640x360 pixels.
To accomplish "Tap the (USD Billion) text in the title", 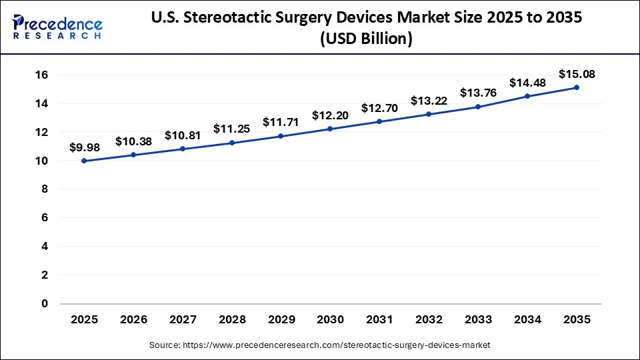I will (366, 39).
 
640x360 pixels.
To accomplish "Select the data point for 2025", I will (84, 161).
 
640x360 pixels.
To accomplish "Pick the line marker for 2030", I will (330, 129).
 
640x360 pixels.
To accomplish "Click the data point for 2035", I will (577, 87).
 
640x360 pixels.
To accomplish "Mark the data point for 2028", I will (232, 143).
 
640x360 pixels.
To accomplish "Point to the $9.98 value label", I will (84, 147).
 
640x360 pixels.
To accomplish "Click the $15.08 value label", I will (577, 73).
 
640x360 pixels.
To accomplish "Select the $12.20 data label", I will (330, 115).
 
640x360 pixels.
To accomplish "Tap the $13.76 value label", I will (478, 93).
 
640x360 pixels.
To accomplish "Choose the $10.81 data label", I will (183, 135).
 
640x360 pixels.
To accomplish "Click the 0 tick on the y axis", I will (45, 303).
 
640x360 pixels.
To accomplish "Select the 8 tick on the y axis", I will (45, 189).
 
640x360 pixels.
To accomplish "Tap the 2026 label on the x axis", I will (133, 320).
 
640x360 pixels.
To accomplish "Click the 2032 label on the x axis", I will (429, 320).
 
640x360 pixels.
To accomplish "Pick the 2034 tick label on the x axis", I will (527, 320).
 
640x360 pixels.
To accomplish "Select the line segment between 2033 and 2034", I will (503, 101).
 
